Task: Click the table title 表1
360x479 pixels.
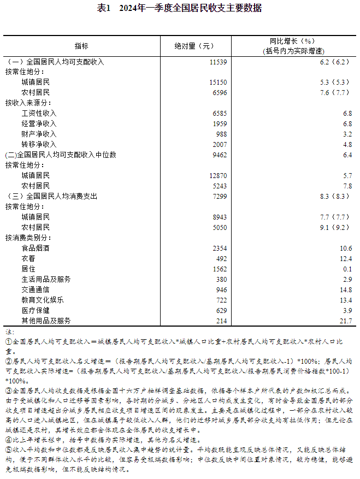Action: (x=104, y=8)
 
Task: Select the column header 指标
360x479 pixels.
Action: (x=81, y=46)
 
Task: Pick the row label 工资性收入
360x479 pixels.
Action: (x=39, y=113)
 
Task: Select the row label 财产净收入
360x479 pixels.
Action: (x=39, y=134)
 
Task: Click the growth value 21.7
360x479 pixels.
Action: (x=344, y=321)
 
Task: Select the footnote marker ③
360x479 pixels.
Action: (x=8, y=391)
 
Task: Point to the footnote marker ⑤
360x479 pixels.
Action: (x=8, y=450)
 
